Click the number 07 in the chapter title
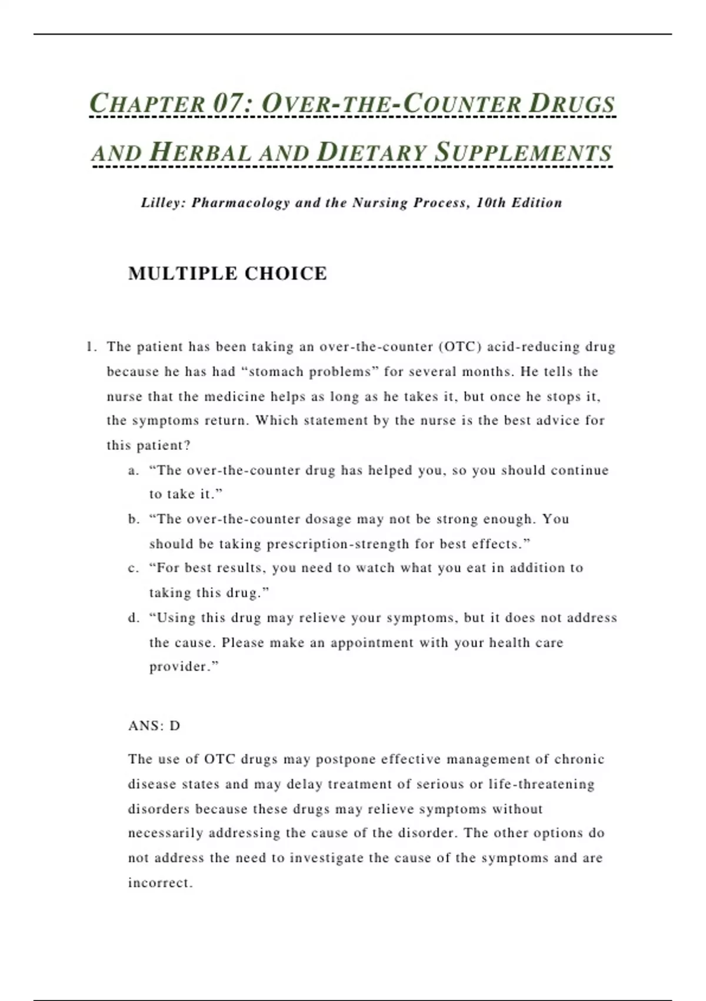click(227, 104)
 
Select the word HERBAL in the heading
click(201, 153)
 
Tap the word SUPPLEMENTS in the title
click(523, 153)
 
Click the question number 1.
click(90, 347)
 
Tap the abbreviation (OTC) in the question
click(461, 347)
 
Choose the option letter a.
click(133, 470)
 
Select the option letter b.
click(133, 519)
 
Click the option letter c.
click(133, 568)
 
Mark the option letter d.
click(133, 618)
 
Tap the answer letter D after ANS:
click(175, 726)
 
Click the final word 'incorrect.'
click(161, 883)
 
